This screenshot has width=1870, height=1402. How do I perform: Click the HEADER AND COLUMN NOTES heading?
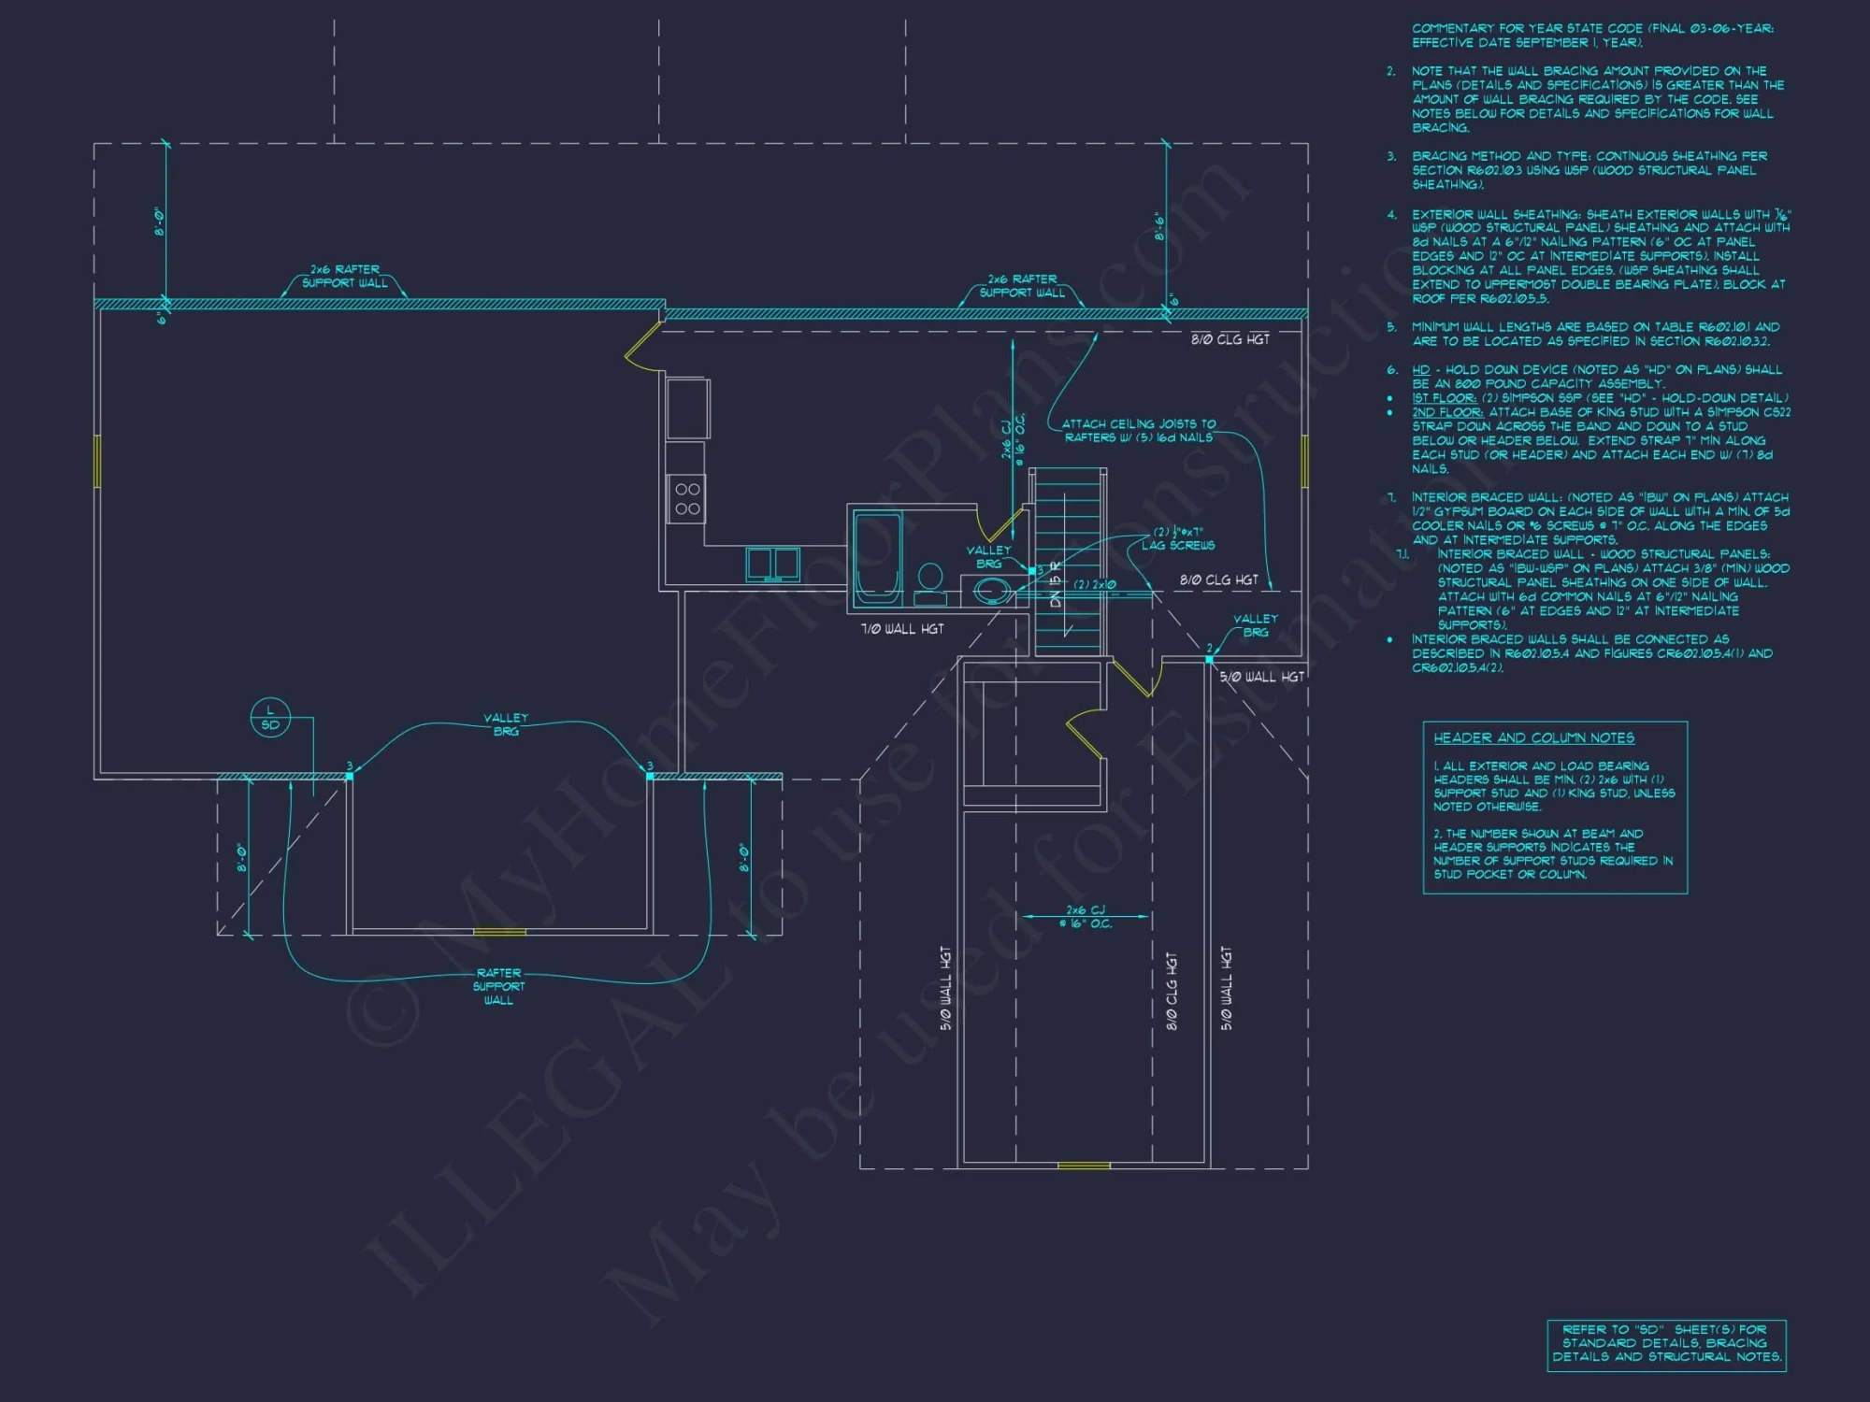[1533, 737]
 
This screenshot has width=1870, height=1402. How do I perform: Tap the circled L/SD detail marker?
[270, 718]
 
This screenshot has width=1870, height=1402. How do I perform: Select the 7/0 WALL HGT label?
[902, 629]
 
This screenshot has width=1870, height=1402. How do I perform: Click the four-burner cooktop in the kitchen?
[687, 498]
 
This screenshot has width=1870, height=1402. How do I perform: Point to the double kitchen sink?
[772, 564]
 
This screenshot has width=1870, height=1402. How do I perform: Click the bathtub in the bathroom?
[877, 557]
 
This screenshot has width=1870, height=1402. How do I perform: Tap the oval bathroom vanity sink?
[990, 591]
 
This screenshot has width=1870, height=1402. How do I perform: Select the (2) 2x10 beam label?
[1094, 584]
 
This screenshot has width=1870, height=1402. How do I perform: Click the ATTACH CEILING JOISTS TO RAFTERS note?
[1138, 430]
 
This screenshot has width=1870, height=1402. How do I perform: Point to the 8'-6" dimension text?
[1159, 226]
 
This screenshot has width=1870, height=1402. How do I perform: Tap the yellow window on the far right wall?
[1305, 461]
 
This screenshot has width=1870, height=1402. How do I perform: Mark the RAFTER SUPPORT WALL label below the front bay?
[498, 986]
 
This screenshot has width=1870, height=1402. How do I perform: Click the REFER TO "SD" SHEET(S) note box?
[1666, 1344]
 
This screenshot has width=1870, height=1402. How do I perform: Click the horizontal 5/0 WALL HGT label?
[1261, 677]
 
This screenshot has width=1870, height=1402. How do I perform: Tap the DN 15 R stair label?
[1056, 585]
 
